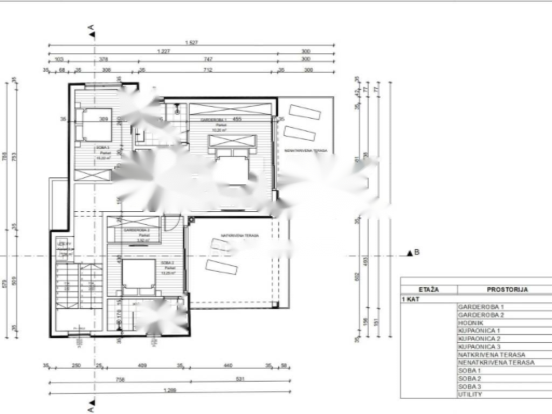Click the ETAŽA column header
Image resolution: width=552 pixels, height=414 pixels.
[429, 289]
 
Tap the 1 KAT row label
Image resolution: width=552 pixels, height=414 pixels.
[411, 298]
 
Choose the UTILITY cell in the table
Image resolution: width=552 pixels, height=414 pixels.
[470, 395]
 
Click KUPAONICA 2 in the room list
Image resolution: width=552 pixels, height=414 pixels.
[479, 338]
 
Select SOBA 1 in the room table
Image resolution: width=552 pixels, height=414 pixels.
[469, 370]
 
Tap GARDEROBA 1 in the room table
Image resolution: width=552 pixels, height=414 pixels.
[481, 306]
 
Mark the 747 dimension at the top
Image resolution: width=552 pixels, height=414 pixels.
[208, 59]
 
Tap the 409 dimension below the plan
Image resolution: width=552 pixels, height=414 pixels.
[142, 366]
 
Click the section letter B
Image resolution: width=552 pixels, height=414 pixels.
[417, 252]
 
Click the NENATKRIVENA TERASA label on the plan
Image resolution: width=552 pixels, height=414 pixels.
[305, 150]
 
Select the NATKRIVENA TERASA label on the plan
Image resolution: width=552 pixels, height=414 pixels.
[239, 236]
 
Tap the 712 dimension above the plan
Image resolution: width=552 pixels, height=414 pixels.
[208, 70]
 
